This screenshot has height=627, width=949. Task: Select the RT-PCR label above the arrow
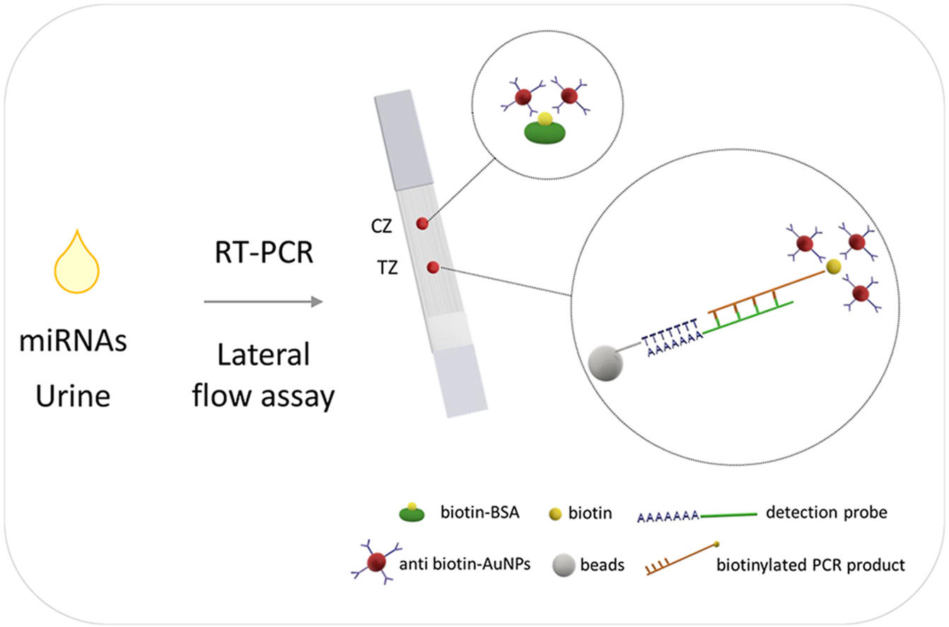coord(264,251)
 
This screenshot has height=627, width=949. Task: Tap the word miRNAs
coord(74,345)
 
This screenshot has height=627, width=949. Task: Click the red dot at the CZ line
coord(422,224)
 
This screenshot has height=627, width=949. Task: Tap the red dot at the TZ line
coord(433,267)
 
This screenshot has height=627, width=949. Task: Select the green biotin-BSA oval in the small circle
coord(544,132)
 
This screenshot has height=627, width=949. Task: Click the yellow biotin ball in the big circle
coord(834,266)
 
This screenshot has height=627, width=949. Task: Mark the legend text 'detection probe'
coord(826,512)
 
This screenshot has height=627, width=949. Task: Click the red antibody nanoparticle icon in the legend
coord(375,563)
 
